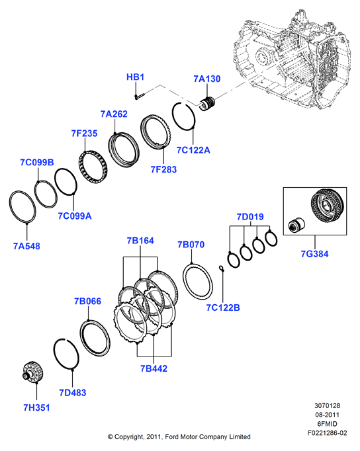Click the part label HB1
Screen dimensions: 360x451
135,77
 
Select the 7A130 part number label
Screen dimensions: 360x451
207,79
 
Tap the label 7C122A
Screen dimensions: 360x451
193,150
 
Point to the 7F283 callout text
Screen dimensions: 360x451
163,169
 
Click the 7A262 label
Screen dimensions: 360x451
114,114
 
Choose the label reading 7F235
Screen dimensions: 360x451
84,134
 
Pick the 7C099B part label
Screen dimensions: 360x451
37,163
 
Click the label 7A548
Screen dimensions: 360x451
26,246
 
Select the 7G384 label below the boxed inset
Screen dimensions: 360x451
314,254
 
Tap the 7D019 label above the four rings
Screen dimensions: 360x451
250,217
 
